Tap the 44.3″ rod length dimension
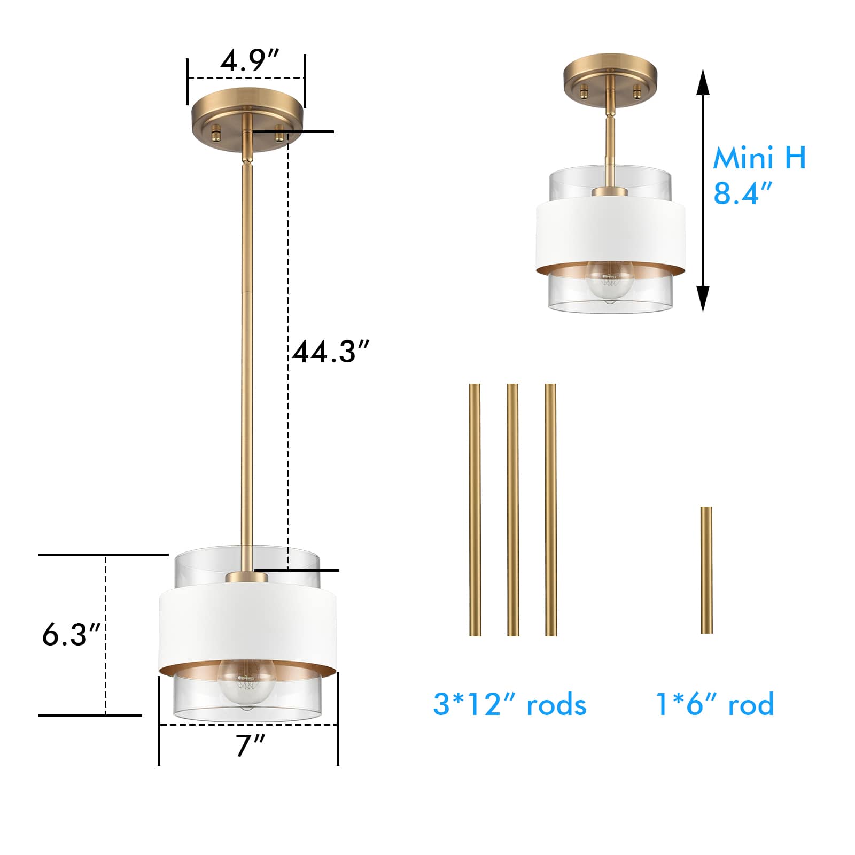pyautogui.click(x=331, y=352)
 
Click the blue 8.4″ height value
pyautogui.click(x=743, y=193)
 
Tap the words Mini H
pyautogui.click(x=759, y=158)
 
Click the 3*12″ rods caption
pyautogui.click(x=510, y=704)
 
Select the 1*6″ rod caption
pyautogui.click(x=715, y=704)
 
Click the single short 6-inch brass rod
pyautogui.click(x=706, y=570)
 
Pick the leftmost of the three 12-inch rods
pyautogui.click(x=475, y=510)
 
